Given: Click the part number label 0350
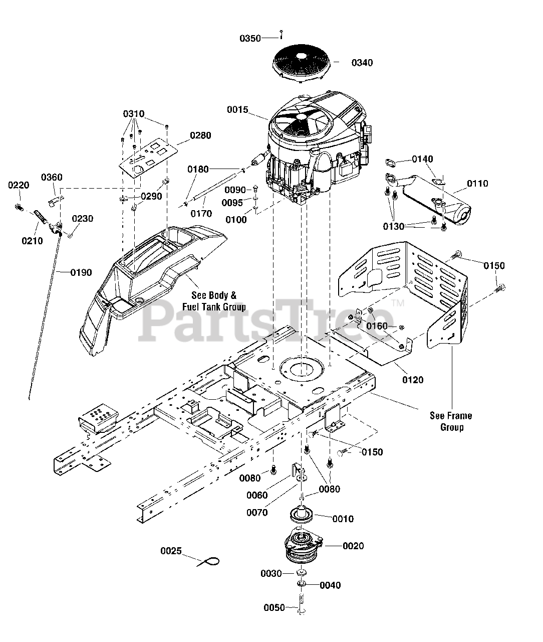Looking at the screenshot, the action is coord(250,39).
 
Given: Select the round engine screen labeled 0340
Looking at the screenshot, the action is coord(301,63).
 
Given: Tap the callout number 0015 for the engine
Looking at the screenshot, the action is coord(237,110).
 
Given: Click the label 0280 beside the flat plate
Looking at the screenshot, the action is coord(200,135).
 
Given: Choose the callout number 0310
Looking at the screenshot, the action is coord(134,114).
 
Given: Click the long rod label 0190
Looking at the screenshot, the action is coord(81,273).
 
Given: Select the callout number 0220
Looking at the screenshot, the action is coord(19,186).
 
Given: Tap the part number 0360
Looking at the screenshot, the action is coord(52,178).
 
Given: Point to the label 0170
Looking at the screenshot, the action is coord(201,214).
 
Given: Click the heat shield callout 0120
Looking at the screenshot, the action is coord(413,380).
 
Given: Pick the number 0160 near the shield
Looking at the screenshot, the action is coord(377,326).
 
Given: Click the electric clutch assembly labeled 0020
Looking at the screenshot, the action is coord(304,546).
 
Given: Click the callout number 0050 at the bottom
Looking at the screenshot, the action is coord(275,608).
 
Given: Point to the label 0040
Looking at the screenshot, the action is coord(330,585).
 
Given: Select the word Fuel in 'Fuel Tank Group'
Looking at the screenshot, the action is coord(190,307).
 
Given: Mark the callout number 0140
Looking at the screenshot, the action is coord(422,159).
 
